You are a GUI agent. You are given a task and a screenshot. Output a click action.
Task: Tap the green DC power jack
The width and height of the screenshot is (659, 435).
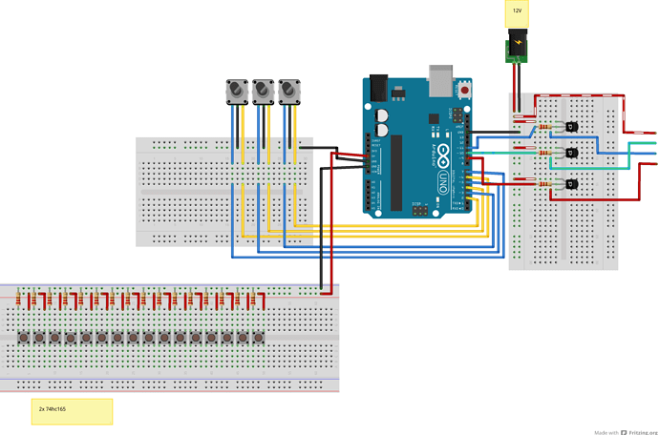click(x=517, y=48)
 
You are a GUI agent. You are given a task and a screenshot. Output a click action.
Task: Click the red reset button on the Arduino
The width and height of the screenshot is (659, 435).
click(x=465, y=90)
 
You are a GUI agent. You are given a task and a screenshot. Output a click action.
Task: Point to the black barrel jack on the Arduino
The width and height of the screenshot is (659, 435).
click(x=379, y=87)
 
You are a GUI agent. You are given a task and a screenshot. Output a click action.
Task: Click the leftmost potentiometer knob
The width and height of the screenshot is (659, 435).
click(x=234, y=91)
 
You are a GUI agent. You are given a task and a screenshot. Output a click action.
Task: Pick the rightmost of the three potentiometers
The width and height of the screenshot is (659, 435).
click(x=289, y=91)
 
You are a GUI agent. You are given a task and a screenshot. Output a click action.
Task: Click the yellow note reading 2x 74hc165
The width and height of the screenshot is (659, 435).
click(x=72, y=411)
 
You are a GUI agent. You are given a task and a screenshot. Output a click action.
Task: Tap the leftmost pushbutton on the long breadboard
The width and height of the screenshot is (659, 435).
click(x=24, y=338)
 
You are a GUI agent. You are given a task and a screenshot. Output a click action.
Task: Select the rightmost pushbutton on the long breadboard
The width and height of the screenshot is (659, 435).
click(x=259, y=338)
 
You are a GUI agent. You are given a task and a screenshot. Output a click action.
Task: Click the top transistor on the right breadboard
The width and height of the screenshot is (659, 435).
click(x=570, y=127)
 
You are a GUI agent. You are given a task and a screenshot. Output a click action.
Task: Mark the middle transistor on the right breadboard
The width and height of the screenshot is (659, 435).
click(x=570, y=153)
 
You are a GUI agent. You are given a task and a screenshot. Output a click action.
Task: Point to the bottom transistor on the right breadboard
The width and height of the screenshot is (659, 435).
click(x=570, y=183)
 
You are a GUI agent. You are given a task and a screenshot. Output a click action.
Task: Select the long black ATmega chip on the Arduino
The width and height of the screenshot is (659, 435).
click(x=396, y=172)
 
